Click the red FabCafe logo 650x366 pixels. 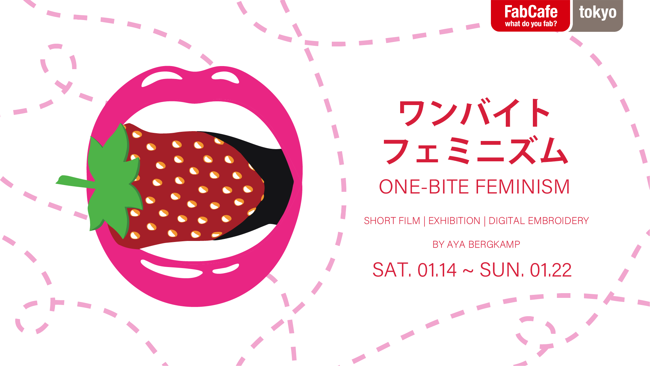tap(530, 16)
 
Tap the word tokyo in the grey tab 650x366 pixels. tap(598, 13)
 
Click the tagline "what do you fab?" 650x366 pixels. tap(531, 24)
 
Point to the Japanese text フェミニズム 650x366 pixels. tap(475, 150)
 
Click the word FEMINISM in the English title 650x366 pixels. tap(523, 187)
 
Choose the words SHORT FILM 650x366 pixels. tap(392, 221)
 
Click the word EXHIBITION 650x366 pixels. tap(454, 221)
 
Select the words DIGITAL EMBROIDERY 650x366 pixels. tap(539, 221)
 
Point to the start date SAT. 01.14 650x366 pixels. tap(414, 270)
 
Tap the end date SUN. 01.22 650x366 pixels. tap(526, 270)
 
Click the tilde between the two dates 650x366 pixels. tap(468, 271)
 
